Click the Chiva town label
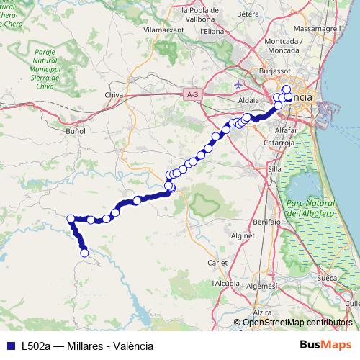pos(114,95)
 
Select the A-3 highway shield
pos(192,94)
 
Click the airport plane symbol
pos(239,84)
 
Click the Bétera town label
pos(247,14)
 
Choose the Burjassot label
pos(273,72)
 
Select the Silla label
pos(274,168)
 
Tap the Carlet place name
pos(217,262)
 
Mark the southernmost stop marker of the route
pos(84,253)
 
